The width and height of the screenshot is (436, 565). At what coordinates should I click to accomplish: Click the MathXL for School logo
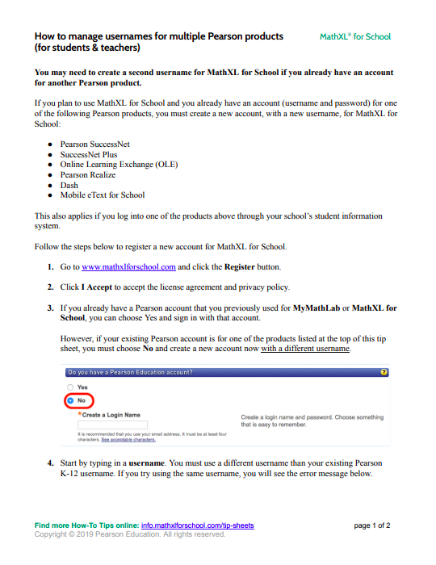point(355,36)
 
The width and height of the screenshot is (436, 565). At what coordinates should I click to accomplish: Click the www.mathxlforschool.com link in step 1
point(128,266)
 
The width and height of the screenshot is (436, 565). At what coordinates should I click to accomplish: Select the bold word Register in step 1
point(240,266)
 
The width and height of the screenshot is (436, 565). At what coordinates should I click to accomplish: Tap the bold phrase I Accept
point(96,287)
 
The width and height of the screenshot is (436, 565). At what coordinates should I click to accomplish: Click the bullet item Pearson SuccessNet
point(95,144)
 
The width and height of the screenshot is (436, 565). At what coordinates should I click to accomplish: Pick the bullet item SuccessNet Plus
point(88,154)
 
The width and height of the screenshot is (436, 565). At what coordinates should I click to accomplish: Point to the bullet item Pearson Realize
point(87,174)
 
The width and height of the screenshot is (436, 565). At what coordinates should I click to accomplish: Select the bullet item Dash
point(69,185)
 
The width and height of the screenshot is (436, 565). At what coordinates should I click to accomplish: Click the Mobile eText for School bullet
point(103,195)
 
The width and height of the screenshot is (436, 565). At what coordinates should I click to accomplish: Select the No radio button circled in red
point(70,400)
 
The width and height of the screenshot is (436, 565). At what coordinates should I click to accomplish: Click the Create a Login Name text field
point(112,424)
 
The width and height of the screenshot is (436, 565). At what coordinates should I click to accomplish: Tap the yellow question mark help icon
point(384,372)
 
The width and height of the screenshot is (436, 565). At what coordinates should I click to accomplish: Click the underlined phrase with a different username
point(305,348)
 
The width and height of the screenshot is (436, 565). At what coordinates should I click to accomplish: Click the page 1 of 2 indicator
point(372,525)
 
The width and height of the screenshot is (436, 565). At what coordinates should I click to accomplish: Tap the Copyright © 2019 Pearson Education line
point(129,534)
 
